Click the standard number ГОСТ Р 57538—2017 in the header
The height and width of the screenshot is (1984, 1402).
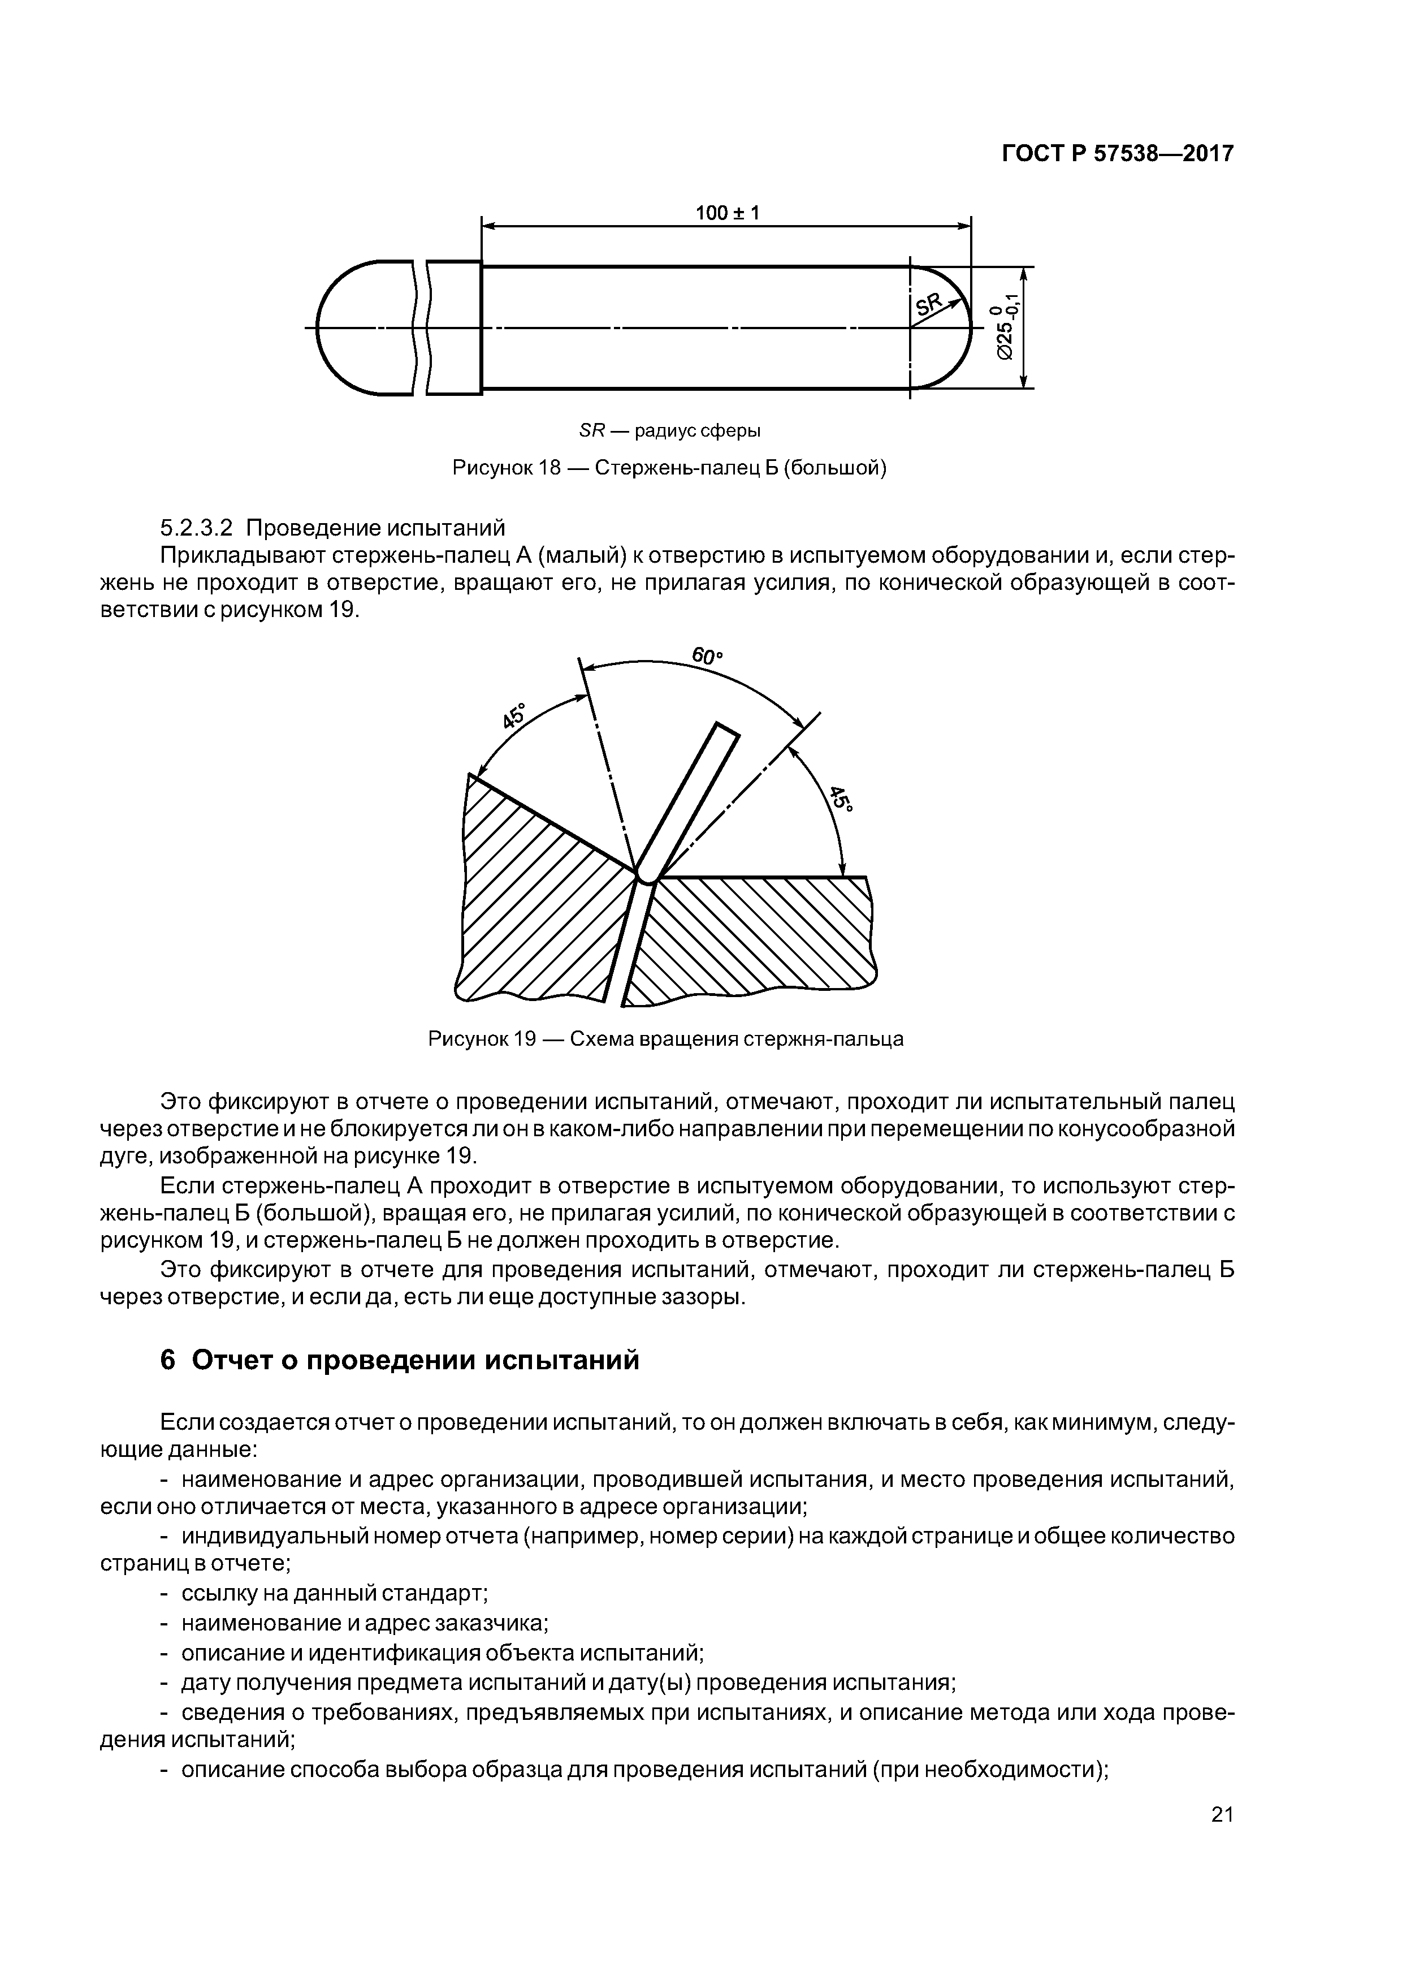coord(1117,154)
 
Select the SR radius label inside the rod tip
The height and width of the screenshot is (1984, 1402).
coord(929,304)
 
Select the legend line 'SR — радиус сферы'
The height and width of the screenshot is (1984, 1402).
coord(669,430)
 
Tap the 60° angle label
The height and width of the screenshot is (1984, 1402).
coord(707,656)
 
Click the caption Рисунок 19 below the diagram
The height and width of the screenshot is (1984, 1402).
coord(666,1039)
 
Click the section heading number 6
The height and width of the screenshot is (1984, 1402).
coord(168,1359)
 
